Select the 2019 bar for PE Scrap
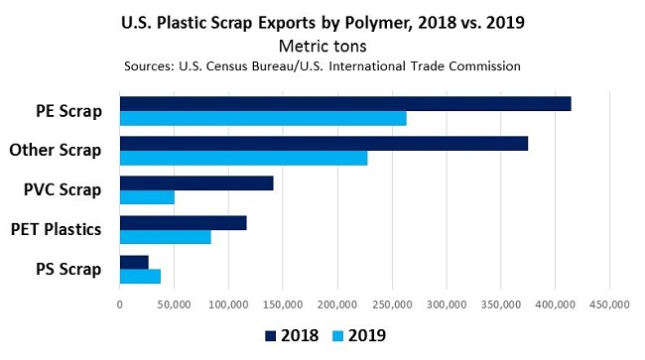[263, 119]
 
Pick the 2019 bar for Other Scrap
[243, 159]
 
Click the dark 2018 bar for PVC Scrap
[196, 183]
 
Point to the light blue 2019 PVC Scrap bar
[147, 197]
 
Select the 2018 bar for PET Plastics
[183, 223]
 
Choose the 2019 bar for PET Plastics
[165, 237]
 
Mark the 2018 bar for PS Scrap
[134, 262]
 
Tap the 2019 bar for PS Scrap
[140, 277]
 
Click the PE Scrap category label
[69, 111]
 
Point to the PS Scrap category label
[69, 269]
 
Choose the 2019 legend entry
[357, 335]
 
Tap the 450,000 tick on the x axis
[609, 305]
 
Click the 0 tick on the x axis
[120, 305]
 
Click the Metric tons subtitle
[322, 46]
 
